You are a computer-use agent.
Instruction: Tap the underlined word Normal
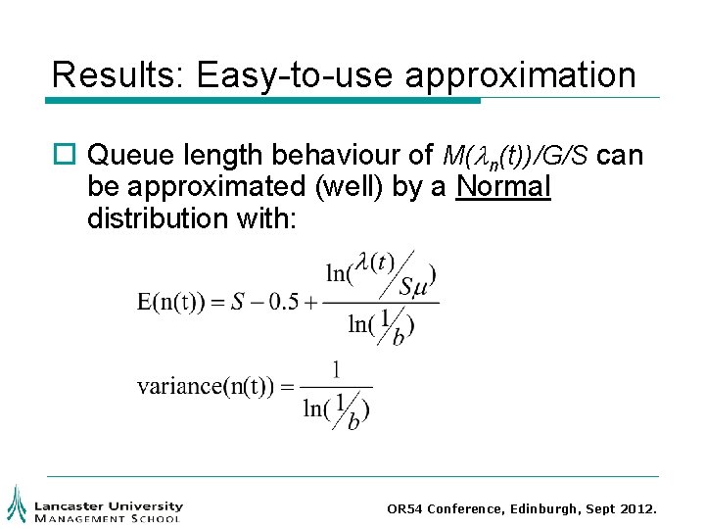coord(504,186)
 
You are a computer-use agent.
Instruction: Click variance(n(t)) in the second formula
coord(207,386)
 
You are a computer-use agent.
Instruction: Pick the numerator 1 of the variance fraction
coord(336,369)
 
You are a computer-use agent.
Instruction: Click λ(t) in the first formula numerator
coord(374,263)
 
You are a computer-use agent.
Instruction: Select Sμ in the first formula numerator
coord(412,286)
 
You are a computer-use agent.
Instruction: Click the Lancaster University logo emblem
coord(16,504)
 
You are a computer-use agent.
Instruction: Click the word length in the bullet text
coord(219,155)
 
